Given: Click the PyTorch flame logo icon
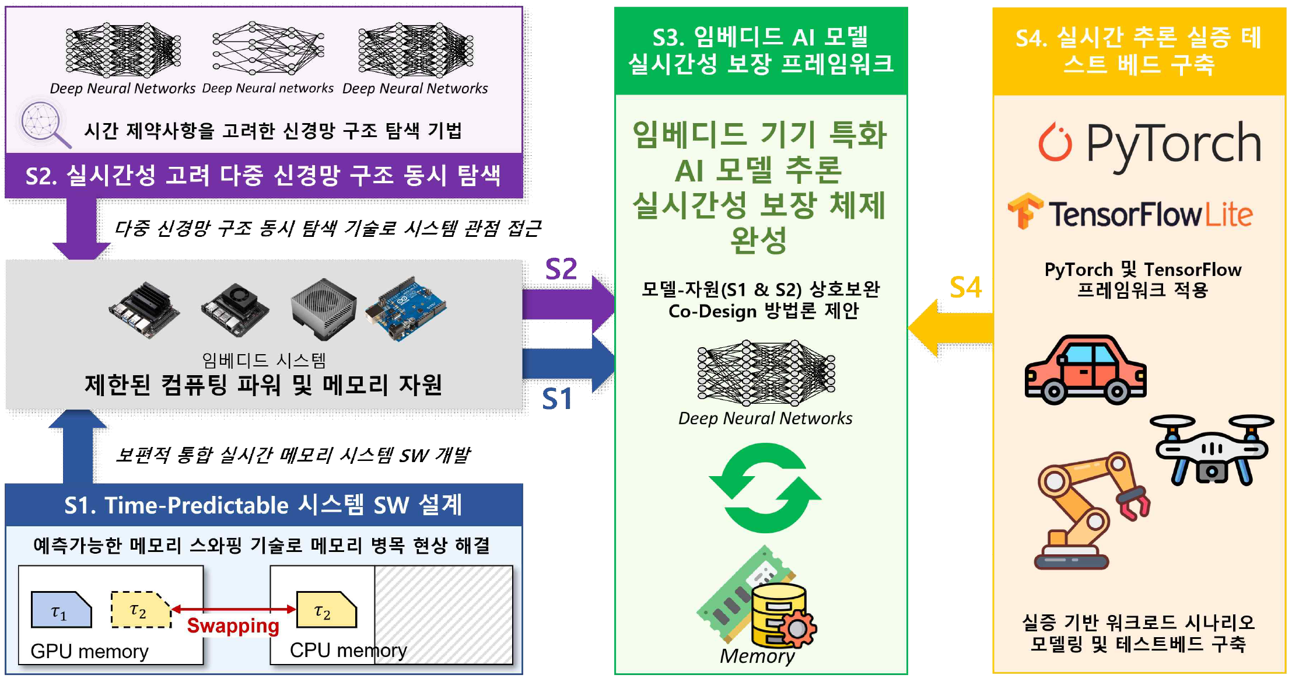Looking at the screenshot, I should (x=1055, y=142).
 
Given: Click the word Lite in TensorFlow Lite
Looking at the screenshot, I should (x=1228, y=215).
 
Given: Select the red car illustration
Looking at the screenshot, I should (x=1086, y=370).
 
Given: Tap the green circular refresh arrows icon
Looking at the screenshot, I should (x=765, y=488).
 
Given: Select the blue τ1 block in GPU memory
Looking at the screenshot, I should (x=61, y=610).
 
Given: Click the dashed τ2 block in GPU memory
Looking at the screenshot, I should (x=140, y=610).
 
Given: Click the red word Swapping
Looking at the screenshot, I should (x=233, y=625).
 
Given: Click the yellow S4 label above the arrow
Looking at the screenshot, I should (x=965, y=287).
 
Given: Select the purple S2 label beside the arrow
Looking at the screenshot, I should (x=561, y=269).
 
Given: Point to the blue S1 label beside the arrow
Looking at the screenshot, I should (x=557, y=399).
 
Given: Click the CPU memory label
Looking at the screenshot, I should (x=348, y=650).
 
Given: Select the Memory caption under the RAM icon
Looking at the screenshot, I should (x=757, y=656).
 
